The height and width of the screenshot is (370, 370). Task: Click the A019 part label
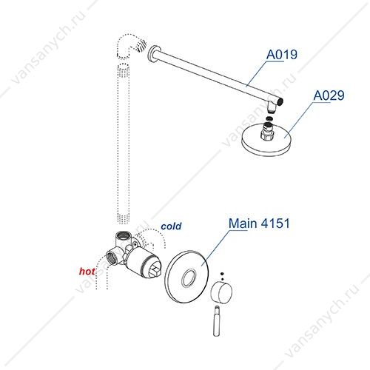click(282, 54)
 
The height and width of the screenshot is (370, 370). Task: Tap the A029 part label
click(329, 95)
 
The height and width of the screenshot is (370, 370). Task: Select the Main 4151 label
click(259, 223)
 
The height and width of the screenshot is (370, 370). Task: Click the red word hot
click(87, 272)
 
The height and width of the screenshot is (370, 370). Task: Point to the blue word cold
click(171, 226)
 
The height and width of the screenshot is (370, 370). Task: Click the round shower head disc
click(267, 140)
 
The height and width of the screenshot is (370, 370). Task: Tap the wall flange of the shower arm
click(152, 55)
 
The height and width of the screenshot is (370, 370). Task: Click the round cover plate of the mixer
click(186, 277)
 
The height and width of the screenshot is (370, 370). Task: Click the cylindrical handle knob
click(221, 293)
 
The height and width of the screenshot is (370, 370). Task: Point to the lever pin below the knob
click(216, 320)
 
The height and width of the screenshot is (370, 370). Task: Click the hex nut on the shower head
click(267, 135)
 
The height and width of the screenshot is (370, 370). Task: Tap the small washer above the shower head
click(270, 118)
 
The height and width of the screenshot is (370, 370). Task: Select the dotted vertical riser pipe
click(124, 144)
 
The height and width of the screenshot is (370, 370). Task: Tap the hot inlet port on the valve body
click(112, 258)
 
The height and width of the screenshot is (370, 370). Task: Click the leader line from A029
click(300, 119)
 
